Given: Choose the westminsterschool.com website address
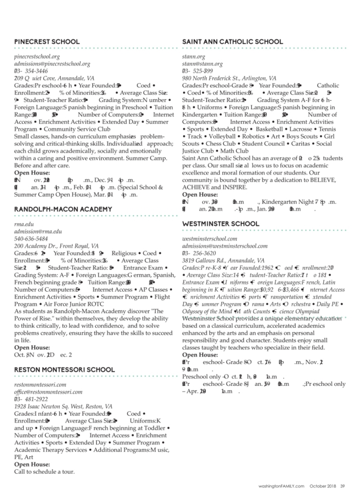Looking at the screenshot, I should click(213, 239).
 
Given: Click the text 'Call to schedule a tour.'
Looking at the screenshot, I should click(45, 471).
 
